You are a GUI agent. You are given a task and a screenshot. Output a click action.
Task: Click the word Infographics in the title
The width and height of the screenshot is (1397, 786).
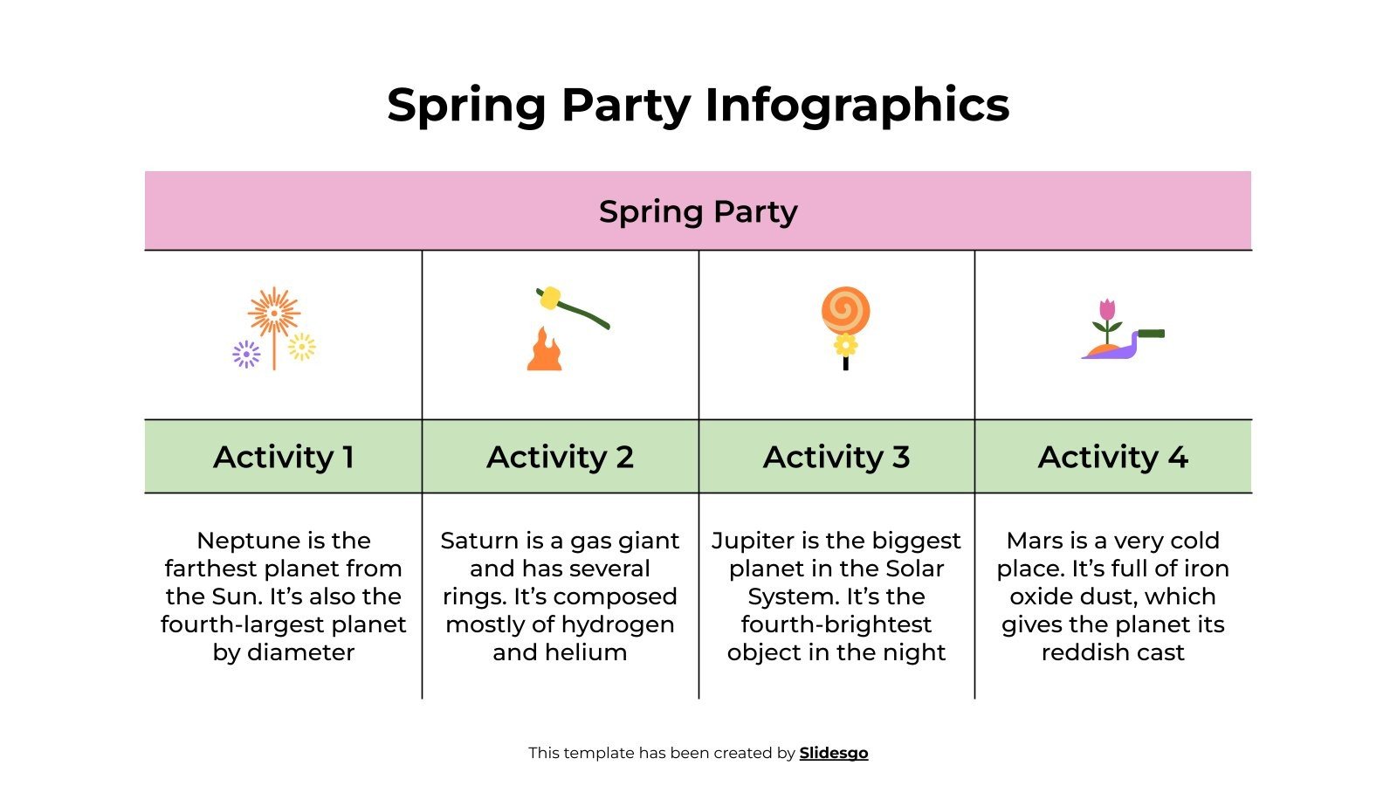point(857,106)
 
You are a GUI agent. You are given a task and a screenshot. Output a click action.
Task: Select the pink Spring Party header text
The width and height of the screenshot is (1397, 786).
point(698,211)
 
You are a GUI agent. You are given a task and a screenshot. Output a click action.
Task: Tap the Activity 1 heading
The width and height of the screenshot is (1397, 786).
point(284,457)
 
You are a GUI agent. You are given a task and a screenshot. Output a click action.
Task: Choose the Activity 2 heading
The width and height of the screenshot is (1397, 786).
point(560,457)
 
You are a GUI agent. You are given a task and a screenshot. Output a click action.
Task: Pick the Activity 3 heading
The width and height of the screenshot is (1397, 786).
point(836,457)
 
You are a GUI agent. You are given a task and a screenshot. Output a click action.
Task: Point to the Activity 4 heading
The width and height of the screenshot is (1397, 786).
point(1113,457)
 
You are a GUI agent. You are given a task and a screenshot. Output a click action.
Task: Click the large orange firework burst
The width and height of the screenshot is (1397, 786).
point(274,313)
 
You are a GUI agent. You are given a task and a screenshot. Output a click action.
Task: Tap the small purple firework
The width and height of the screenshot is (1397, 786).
point(246,354)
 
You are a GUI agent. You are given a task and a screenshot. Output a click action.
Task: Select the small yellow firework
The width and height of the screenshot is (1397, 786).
point(302,347)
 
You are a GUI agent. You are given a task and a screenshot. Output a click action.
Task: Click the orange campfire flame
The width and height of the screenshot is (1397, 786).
point(544,351)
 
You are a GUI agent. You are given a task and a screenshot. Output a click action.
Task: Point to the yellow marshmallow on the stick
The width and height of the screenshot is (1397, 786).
point(549,299)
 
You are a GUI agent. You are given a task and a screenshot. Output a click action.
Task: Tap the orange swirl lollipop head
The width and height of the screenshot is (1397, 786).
point(845,310)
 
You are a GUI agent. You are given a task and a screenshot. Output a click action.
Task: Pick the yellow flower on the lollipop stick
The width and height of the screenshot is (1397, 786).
point(845,345)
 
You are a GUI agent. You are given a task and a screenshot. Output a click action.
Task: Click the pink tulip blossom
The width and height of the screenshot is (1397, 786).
point(1107,309)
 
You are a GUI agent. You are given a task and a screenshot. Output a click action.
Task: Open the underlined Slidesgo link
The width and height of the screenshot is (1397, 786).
point(834,753)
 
